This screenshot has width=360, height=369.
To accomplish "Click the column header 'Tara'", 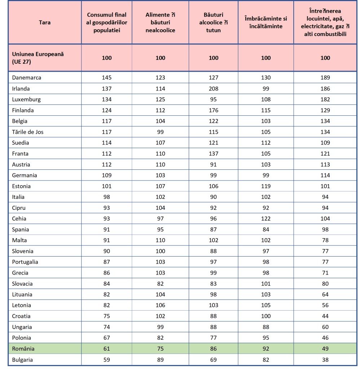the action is click(x=44, y=23).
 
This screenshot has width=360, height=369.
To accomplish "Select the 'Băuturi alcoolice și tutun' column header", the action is click(x=214, y=23).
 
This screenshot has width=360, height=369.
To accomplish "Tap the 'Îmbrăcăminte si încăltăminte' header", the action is click(x=266, y=23).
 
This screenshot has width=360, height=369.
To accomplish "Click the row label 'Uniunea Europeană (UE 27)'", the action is click(x=38, y=58).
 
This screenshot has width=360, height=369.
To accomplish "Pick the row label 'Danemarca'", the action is click(x=27, y=78).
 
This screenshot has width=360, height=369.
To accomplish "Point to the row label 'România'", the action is click(x=23, y=349).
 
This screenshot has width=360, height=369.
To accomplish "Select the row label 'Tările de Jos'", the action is click(x=28, y=132).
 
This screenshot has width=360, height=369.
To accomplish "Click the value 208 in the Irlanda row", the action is click(x=214, y=89).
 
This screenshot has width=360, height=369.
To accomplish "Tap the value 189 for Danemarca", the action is click(x=325, y=78).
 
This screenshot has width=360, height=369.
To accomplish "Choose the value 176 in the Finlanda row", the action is click(x=214, y=110).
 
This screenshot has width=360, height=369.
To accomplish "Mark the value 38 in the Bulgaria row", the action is click(x=325, y=360).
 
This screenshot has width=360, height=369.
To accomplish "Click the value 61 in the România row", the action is click(x=107, y=349).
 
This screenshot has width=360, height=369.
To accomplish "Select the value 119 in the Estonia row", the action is click(x=266, y=186).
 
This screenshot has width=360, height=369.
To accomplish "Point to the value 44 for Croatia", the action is click(x=325, y=316).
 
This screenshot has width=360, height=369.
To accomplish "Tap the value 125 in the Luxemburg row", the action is click(x=160, y=99).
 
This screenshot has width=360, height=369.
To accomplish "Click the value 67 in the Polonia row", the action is click(x=107, y=338).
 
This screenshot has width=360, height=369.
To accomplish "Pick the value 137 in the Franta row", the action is click(x=214, y=154).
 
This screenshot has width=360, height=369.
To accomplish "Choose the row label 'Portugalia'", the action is click(x=25, y=262).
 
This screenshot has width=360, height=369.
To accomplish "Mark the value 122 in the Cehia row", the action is click(x=266, y=219).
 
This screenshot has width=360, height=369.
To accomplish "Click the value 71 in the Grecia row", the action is click(x=325, y=273).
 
